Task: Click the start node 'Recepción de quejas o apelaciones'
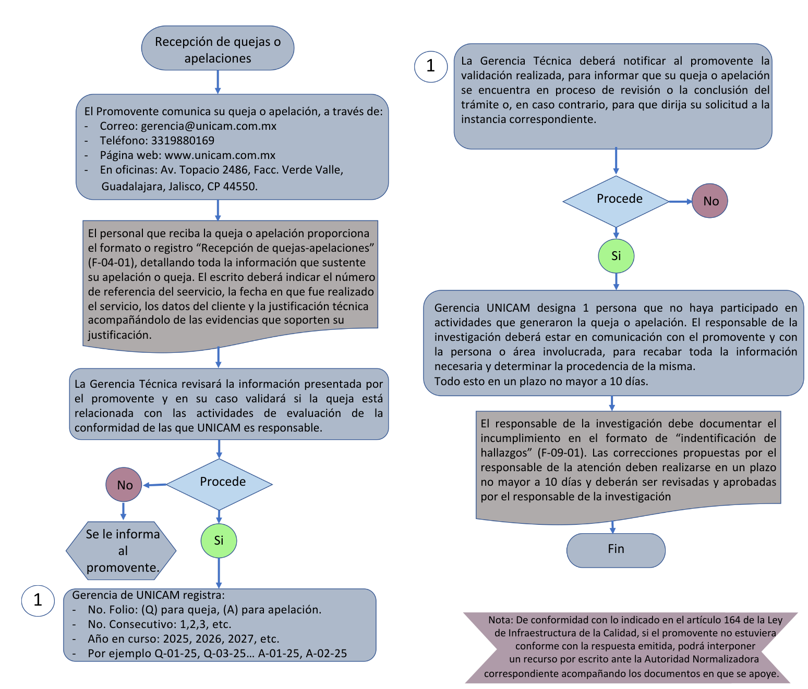pos(218,48)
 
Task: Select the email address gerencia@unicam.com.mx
pos(209,126)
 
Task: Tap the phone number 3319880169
pos(183,141)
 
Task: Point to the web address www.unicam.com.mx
pos(220,155)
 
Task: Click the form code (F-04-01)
pos(112,263)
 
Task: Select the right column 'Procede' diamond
pos(616,201)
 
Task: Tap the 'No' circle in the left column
pos(124,485)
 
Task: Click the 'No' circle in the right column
pos(710,201)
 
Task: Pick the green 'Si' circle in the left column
pos(219,540)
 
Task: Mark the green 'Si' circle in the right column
pos(616,256)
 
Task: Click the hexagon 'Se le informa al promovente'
pos(122,551)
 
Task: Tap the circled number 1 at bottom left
pos(38,600)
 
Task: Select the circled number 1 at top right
pos(430,66)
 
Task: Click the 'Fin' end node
pos(616,550)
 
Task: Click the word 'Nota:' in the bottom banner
pos(501,620)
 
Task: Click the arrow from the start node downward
pos(218,82)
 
